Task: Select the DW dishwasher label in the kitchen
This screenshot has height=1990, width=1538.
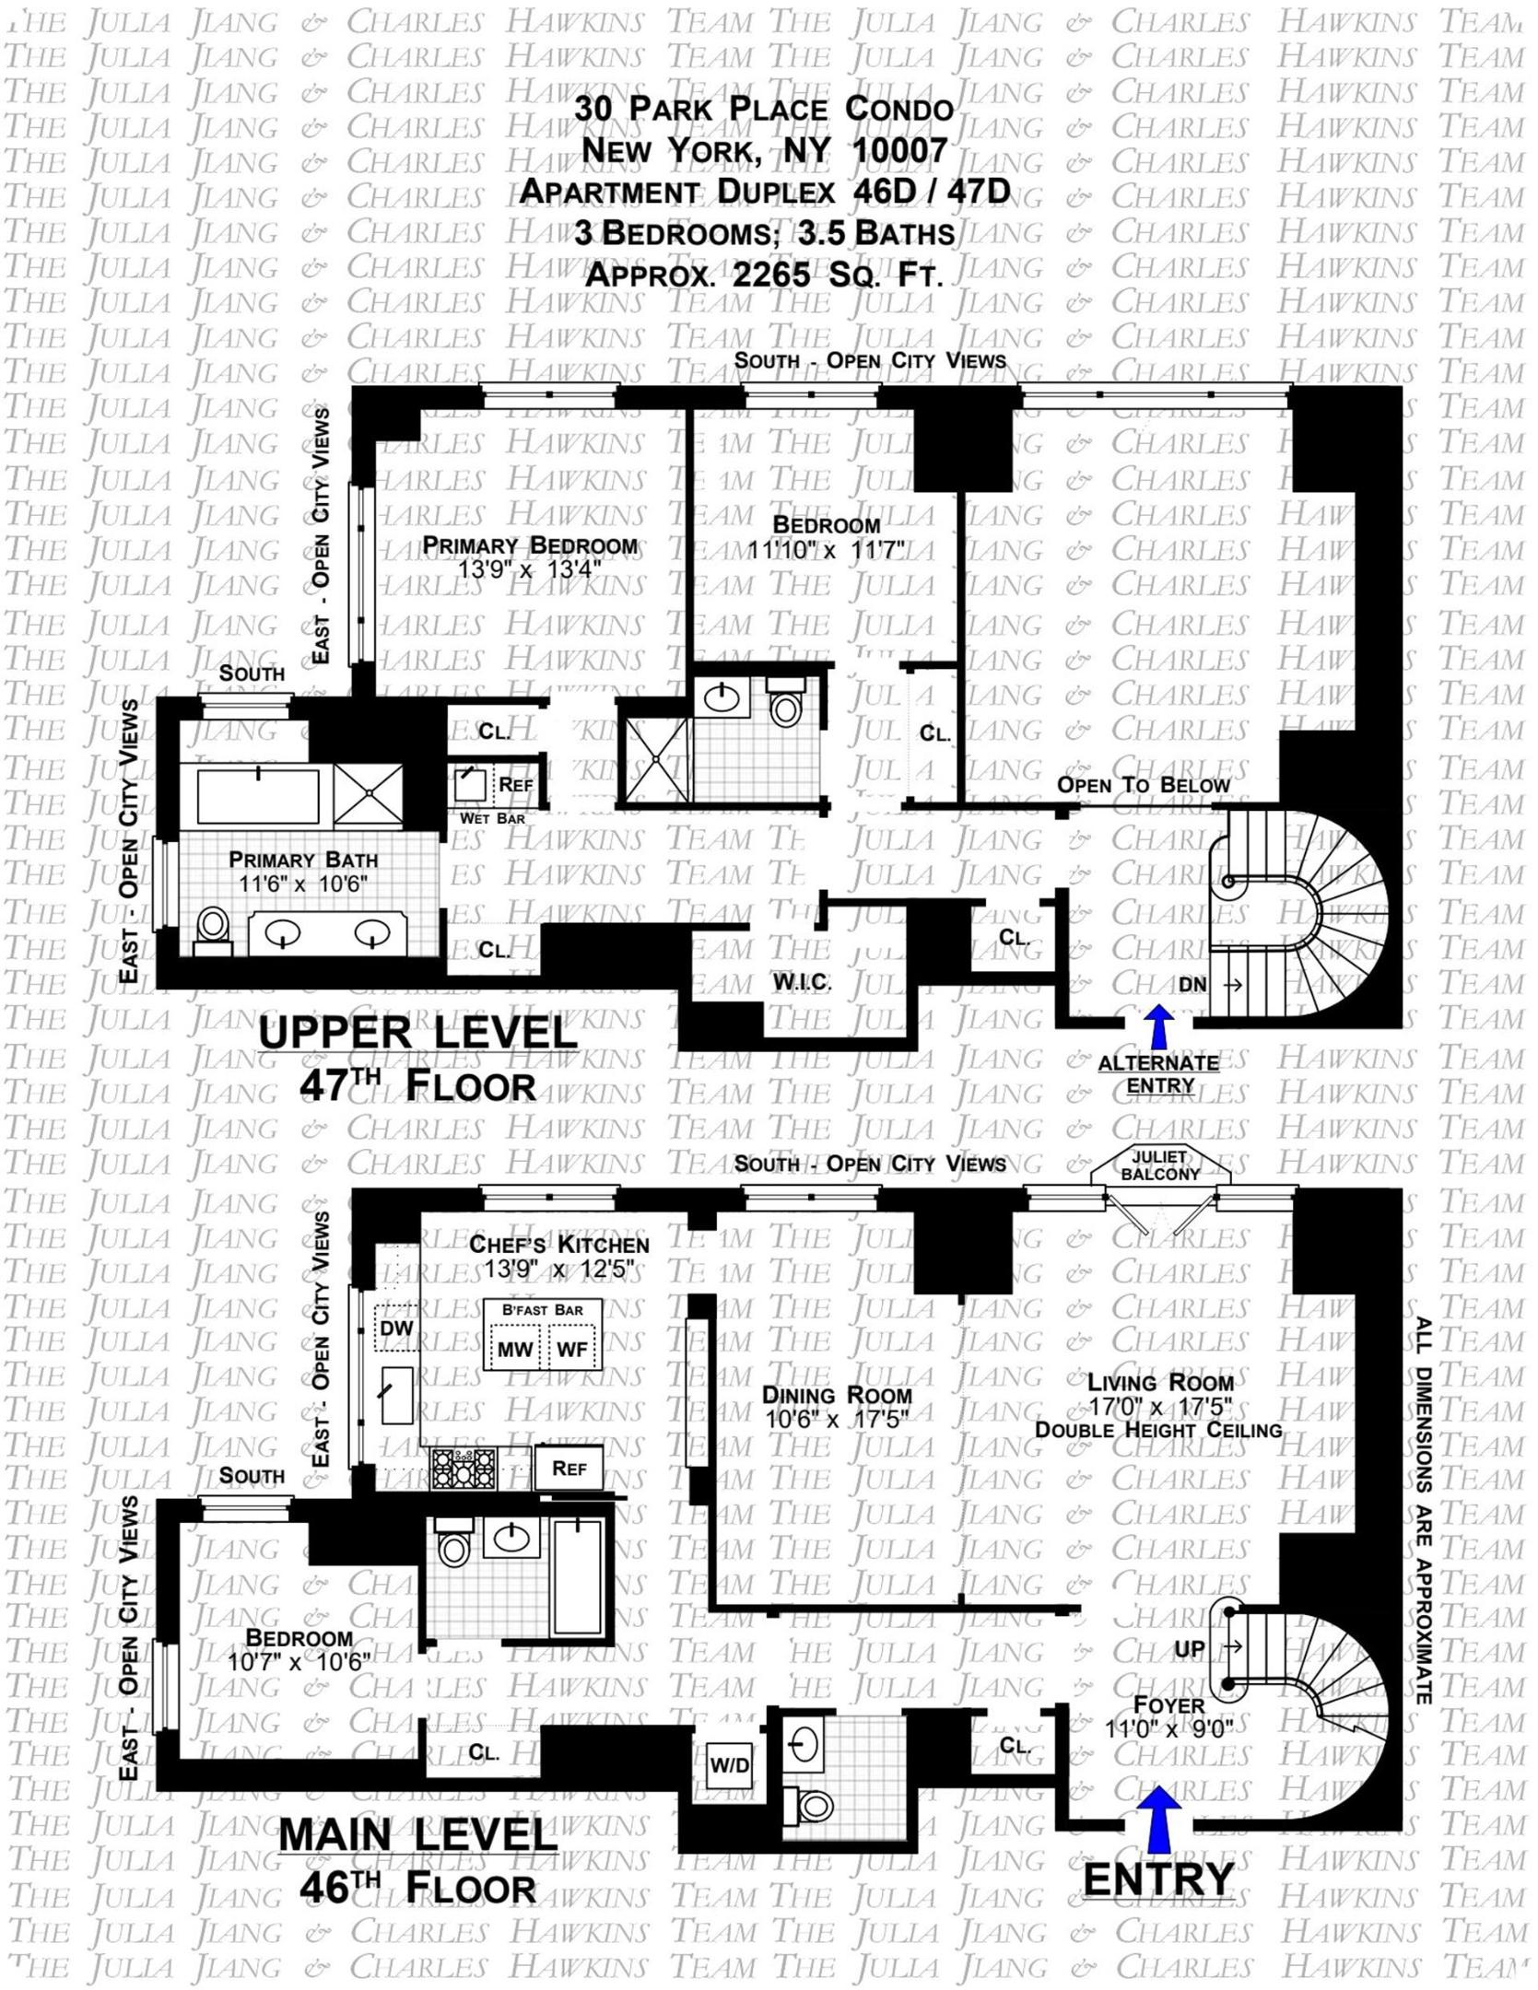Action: point(396,1328)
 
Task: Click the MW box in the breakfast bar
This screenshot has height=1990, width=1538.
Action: point(515,1350)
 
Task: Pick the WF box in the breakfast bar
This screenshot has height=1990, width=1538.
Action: point(572,1350)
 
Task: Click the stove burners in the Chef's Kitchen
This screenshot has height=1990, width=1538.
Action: point(464,1469)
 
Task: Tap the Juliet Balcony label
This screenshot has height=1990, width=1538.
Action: point(1160,1165)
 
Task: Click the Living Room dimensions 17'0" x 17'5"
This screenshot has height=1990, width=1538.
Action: point(1159,1407)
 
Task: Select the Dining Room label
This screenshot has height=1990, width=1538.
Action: point(837,1396)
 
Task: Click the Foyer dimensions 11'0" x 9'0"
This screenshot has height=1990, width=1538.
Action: point(1168,1729)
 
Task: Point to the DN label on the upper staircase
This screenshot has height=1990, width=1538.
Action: point(1192,985)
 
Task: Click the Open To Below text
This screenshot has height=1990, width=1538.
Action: point(1143,785)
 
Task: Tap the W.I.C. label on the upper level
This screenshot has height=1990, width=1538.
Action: point(802,982)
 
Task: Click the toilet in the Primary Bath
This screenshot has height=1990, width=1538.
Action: point(213,925)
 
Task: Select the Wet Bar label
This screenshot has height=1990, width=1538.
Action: point(492,818)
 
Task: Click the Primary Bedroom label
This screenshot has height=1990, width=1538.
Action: point(530,545)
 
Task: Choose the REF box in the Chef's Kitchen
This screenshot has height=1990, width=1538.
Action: point(569,1469)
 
